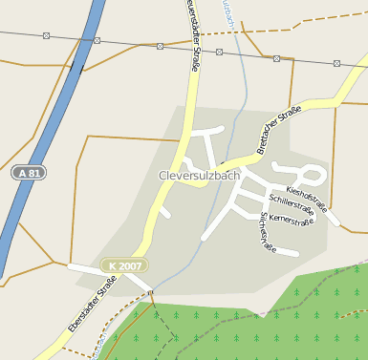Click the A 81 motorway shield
pyautogui.click(x=30, y=174)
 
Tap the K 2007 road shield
pyautogui.click(x=124, y=265)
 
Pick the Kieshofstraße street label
pyautogui.click(x=307, y=197)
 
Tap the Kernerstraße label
pyautogui.click(x=292, y=221)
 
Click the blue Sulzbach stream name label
pyautogui.click(x=227, y=13)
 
